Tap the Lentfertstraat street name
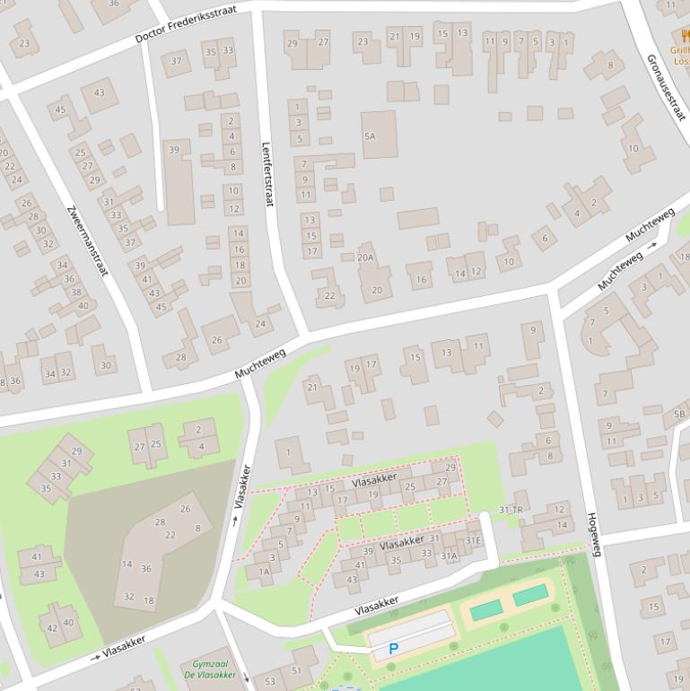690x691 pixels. click(x=266, y=175)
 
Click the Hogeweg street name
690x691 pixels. click(x=593, y=534)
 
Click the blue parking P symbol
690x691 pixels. click(x=393, y=648)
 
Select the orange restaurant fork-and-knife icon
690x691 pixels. click(x=685, y=37)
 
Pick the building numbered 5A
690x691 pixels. click(x=369, y=136)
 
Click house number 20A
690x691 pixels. click(x=365, y=257)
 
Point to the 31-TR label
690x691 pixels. click(x=511, y=510)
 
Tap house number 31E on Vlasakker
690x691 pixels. click(x=473, y=540)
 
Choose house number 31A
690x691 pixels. click(x=449, y=555)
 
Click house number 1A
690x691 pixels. click(x=264, y=571)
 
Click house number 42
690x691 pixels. click(x=52, y=628)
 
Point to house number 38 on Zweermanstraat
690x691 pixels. click(x=76, y=293)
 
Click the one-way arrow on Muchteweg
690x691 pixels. click(x=653, y=243)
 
